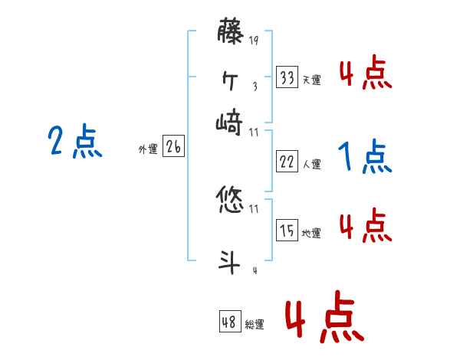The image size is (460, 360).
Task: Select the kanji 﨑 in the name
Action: click(231, 121)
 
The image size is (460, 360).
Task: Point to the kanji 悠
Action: click(231, 201)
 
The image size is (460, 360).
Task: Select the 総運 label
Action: click(255, 325)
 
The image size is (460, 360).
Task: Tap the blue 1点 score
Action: click(365, 158)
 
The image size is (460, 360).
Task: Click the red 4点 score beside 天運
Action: click(365, 74)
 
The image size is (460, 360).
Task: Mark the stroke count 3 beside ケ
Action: click(255, 86)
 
